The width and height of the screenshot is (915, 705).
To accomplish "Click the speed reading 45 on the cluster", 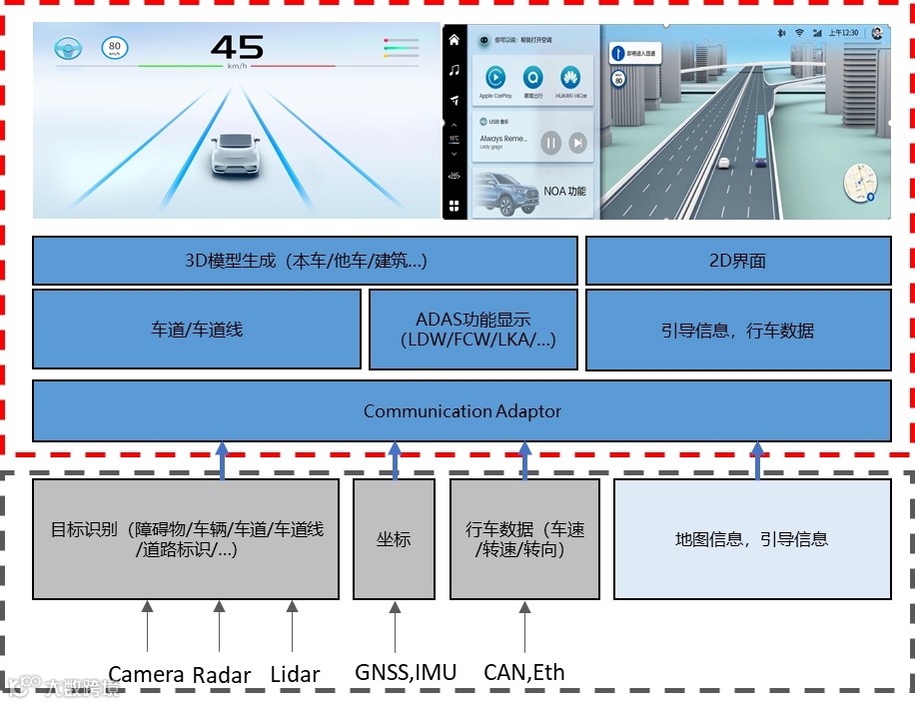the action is [x=238, y=47].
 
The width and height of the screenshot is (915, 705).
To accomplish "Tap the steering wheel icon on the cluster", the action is [x=68, y=48].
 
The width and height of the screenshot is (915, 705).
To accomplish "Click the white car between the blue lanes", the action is [x=237, y=155].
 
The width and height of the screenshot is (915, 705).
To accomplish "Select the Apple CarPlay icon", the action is [x=494, y=78].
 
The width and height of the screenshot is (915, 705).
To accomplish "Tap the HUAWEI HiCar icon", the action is [x=570, y=78].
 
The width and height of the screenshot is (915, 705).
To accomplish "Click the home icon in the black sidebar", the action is [x=455, y=40].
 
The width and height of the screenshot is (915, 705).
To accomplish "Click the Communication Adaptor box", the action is [x=461, y=410].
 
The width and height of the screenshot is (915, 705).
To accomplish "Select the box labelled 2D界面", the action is [x=737, y=261].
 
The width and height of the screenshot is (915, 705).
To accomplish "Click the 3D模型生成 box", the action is [x=305, y=261].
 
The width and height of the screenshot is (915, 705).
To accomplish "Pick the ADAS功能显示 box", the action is [x=473, y=330].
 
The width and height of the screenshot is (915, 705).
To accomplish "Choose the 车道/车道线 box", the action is [x=197, y=330].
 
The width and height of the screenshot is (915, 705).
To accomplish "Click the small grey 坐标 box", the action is [x=394, y=539].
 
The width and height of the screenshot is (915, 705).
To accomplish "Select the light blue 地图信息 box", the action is [x=751, y=539].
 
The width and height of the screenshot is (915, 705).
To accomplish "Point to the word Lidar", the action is [x=295, y=675].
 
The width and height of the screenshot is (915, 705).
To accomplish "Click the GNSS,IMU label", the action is [x=406, y=672].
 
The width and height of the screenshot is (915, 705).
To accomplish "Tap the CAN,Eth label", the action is [x=523, y=672].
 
